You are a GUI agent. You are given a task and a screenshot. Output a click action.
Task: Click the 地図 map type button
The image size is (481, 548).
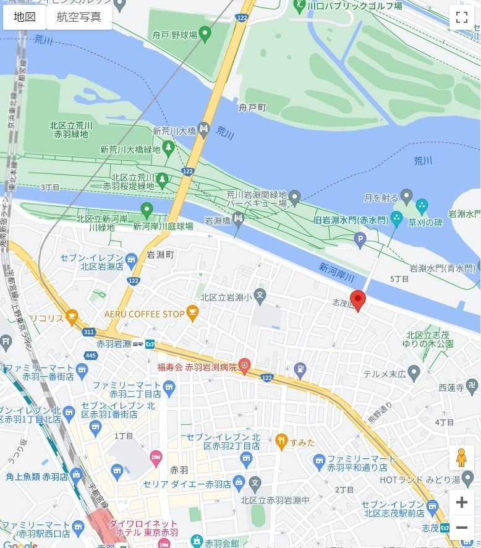coord(25,17)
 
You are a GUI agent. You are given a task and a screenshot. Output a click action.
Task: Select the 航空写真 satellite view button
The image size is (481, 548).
coord(79,17)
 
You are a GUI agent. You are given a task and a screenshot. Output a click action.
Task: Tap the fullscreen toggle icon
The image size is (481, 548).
coord(461,17)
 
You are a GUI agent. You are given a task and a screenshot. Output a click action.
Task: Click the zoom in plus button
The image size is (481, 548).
coord(461,502)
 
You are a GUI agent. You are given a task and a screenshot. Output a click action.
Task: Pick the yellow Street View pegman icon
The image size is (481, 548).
coord(461,458)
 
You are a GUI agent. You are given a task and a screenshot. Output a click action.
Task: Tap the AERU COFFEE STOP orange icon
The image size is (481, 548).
coord(192,314)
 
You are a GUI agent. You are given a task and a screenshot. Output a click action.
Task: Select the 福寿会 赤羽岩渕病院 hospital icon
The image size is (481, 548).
coord(245,367)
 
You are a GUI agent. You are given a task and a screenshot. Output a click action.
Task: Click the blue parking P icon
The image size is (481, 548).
coord(360,238)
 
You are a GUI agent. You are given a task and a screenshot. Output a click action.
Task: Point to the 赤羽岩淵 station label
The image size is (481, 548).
coord(114,344)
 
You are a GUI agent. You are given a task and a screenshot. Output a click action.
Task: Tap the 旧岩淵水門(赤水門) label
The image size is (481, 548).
coord(350,220)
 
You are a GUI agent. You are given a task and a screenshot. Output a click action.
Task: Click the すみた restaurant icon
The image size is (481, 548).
coord(282,442)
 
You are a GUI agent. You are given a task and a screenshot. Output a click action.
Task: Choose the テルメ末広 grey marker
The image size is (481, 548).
coord(414,373)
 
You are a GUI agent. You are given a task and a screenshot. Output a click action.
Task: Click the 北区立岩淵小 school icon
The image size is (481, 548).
coord(260,297)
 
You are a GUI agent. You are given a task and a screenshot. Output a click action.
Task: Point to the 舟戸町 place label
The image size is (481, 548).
coord(253,108)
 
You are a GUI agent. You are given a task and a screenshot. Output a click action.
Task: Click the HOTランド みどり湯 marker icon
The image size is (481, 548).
coord(467,479)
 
